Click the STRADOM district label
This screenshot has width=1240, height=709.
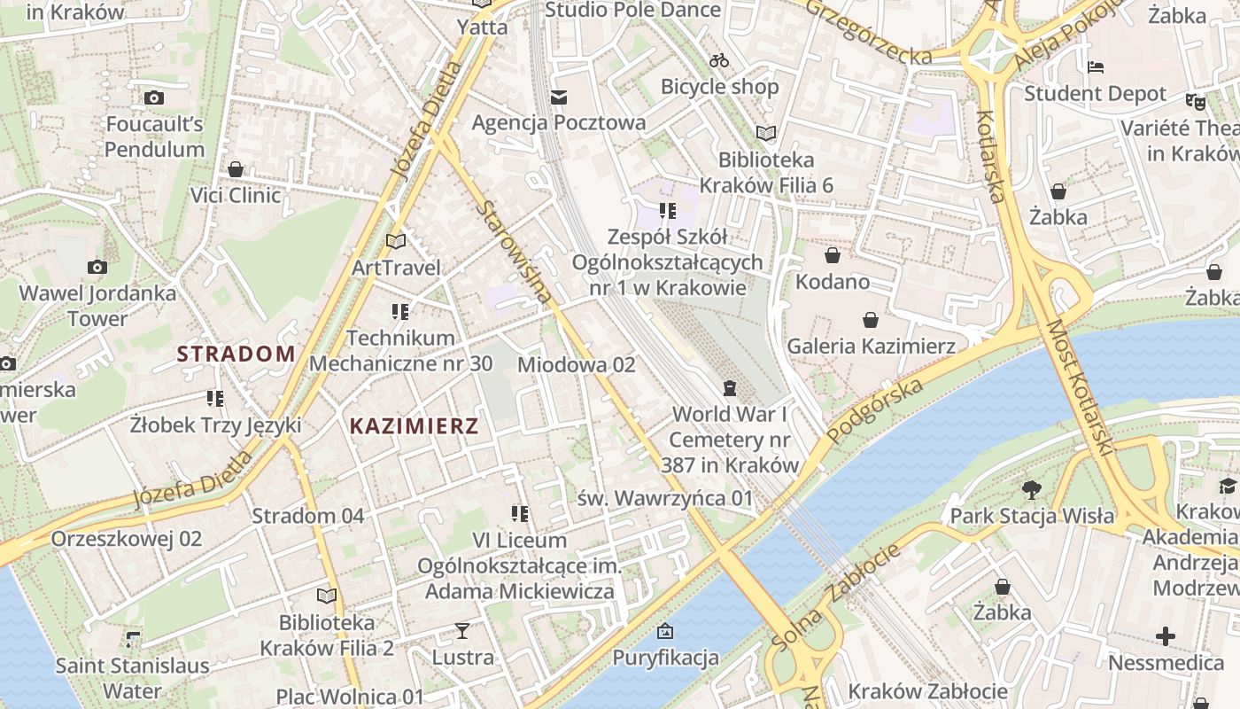(236, 354)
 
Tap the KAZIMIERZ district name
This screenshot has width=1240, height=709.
(414, 425)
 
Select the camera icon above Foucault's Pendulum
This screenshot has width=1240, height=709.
(154, 97)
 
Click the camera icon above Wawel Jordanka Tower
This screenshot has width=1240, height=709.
(97, 267)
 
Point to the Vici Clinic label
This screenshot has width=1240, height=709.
(236, 195)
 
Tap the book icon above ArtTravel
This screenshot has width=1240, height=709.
(396, 241)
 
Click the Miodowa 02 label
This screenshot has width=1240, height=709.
(576, 364)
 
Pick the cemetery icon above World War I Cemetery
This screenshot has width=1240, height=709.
(729, 388)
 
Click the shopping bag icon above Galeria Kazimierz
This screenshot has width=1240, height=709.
(871, 319)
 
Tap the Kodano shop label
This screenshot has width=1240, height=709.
(833, 282)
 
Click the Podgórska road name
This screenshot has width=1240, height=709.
(875, 410)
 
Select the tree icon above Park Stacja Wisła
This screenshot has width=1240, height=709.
(1031, 489)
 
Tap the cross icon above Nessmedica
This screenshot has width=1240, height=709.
(1166, 636)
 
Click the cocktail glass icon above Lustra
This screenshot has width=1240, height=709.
(462, 631)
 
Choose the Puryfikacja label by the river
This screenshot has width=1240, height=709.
(665, 658)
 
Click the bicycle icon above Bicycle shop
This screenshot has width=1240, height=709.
(719, 60)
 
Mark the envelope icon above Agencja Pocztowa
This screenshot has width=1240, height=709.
(559, 97)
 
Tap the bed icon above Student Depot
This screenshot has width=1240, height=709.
(1096, 67)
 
